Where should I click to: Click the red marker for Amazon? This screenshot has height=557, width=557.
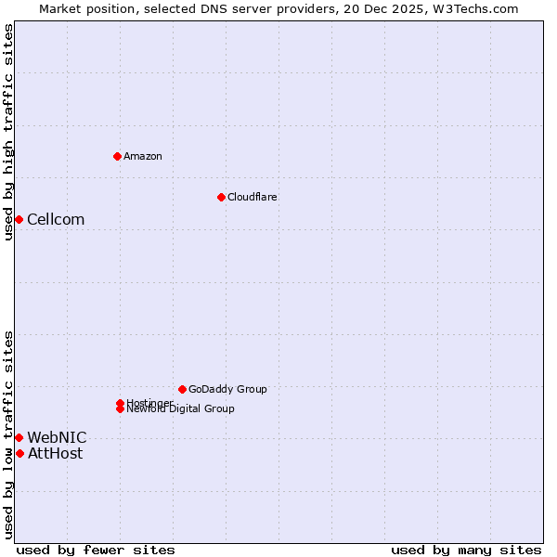(117, 156)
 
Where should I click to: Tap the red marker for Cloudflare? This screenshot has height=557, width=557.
(221, 197)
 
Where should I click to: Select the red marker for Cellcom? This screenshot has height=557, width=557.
(19, 219)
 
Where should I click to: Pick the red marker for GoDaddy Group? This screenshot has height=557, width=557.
(182, 389)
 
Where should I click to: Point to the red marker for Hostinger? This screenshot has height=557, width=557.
(120, 403)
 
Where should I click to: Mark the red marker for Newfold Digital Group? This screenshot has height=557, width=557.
(120, 408)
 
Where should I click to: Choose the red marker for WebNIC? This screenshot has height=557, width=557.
(19, 437)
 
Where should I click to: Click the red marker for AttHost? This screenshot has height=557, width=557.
(19, 453)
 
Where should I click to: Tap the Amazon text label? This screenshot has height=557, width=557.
(143, 156)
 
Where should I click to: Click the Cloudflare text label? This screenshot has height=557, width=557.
(253, 197)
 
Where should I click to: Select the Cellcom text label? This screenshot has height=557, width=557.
(56, 219)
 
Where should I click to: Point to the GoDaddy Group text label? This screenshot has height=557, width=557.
(227, 389)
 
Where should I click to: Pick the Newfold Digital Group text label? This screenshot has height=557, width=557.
(181, 409)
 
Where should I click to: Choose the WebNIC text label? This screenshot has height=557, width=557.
(57, 437)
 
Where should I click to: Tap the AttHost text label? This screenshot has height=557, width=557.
(55, 453)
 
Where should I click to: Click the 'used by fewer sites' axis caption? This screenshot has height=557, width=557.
(96, 550)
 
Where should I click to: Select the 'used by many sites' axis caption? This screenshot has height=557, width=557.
(466, 550)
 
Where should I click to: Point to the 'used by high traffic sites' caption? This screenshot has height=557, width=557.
(8, 132)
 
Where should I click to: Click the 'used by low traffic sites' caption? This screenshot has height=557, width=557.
(8, 434)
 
